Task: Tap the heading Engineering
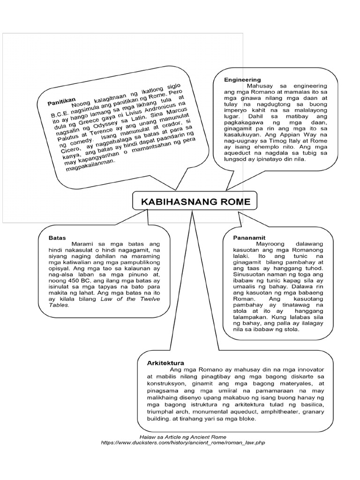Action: coord(242,80)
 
